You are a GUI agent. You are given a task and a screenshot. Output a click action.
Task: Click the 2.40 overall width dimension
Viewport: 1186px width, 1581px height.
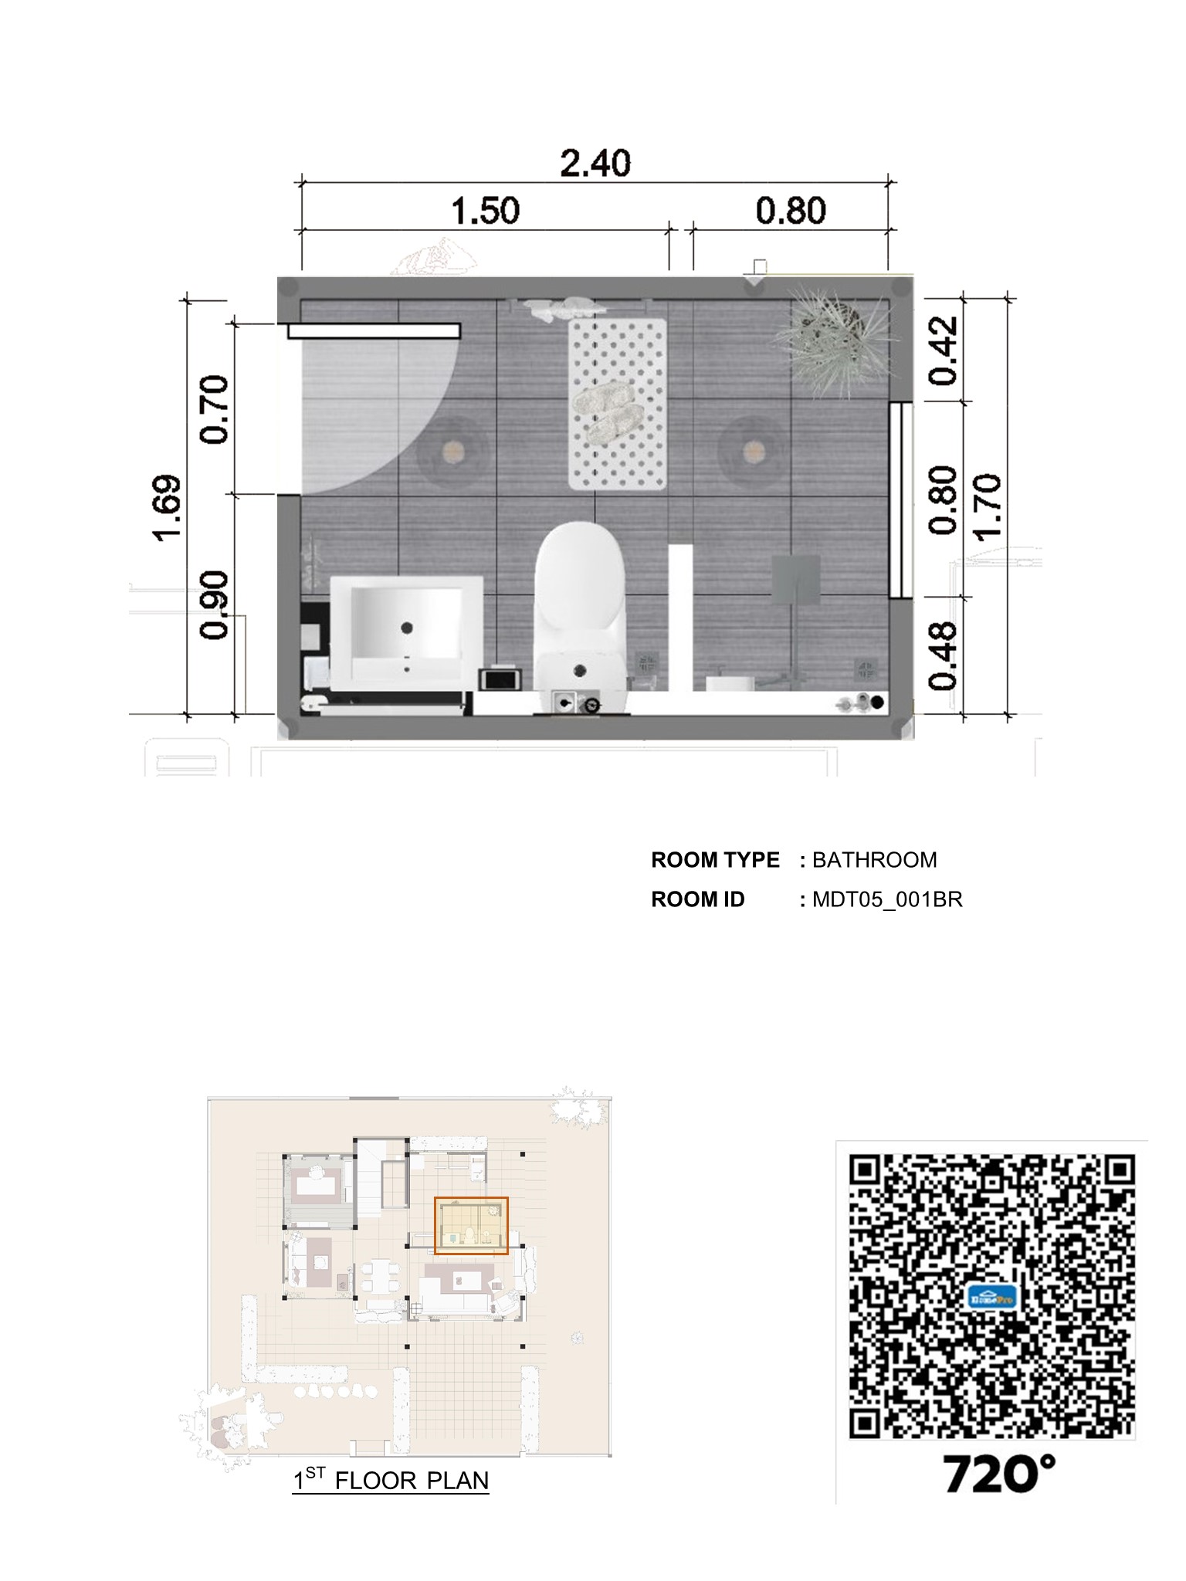click(595, 164)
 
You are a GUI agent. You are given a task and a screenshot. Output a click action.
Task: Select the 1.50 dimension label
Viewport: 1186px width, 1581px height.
click(486, 211)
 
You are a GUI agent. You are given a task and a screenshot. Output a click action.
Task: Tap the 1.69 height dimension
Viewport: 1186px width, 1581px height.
click(168, 508)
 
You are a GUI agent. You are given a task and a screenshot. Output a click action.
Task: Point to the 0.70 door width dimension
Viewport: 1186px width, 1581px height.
click(214, 410)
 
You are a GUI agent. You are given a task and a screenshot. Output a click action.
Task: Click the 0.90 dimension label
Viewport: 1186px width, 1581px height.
click(214, 605)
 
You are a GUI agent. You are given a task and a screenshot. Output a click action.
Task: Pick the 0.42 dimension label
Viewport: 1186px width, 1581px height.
click(943, 350)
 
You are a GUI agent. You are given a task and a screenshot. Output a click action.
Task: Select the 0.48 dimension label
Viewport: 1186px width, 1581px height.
click(943, 655)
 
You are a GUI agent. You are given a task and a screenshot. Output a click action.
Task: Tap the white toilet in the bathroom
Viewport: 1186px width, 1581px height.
click(579, 614)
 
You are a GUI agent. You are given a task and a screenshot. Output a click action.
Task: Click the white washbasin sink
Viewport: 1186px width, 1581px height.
click(407, 632)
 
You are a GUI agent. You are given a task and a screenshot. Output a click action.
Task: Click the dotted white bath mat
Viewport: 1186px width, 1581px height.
click(618, 404)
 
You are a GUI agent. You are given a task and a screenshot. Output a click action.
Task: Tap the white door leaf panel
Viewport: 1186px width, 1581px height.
click(374, 331)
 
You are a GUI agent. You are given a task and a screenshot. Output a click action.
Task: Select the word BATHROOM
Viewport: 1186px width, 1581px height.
click(875, 860)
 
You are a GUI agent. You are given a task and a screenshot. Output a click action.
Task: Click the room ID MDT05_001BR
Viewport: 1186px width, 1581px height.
click(888, 900)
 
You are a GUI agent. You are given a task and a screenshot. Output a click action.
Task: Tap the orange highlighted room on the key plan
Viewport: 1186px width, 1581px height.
click(471, 1225)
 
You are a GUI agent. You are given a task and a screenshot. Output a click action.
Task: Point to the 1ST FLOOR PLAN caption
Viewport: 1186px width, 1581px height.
click(391, 1480)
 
